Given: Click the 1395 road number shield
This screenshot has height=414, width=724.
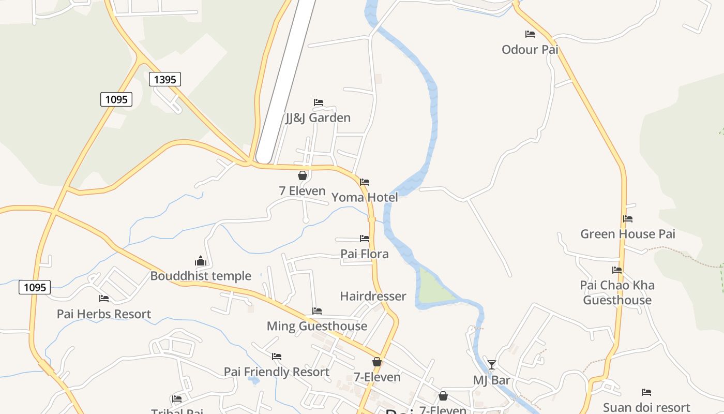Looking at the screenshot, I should [x=165, y=79].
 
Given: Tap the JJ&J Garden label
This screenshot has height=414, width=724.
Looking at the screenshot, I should [x=318, y=118].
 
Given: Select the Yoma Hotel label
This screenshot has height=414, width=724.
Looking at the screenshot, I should [x=365, y=197].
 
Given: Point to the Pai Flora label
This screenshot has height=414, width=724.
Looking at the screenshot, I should [x=365, y=254].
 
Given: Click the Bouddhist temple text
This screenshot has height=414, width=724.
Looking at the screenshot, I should [x=201, y=276].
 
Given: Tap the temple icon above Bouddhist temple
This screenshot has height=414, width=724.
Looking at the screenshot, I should [x=201, y=261].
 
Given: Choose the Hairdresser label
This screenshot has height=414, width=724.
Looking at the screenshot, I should [x=373, y=297].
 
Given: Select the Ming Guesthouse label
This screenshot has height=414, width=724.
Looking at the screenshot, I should [x=317, y=326].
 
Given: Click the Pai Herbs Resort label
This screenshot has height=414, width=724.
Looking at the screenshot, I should [x=104, y=314].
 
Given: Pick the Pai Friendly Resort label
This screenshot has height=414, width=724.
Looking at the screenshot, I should [x=277, y=372].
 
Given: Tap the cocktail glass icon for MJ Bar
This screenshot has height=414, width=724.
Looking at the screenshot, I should [x=491, y=365].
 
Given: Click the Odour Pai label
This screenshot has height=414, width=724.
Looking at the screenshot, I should [x=530, y=50].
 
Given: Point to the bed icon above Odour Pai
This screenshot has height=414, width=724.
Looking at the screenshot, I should [x=530, y=34].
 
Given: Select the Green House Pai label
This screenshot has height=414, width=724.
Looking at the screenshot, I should [x=628, y=234].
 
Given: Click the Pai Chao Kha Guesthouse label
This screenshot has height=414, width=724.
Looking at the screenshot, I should [x=617, y=292].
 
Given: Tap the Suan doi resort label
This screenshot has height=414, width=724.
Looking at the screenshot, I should [x=646, y=408].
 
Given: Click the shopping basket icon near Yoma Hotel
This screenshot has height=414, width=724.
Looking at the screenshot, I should [x=303, y=176].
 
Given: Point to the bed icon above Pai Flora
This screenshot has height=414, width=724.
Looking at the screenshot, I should [x=365, y=239].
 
